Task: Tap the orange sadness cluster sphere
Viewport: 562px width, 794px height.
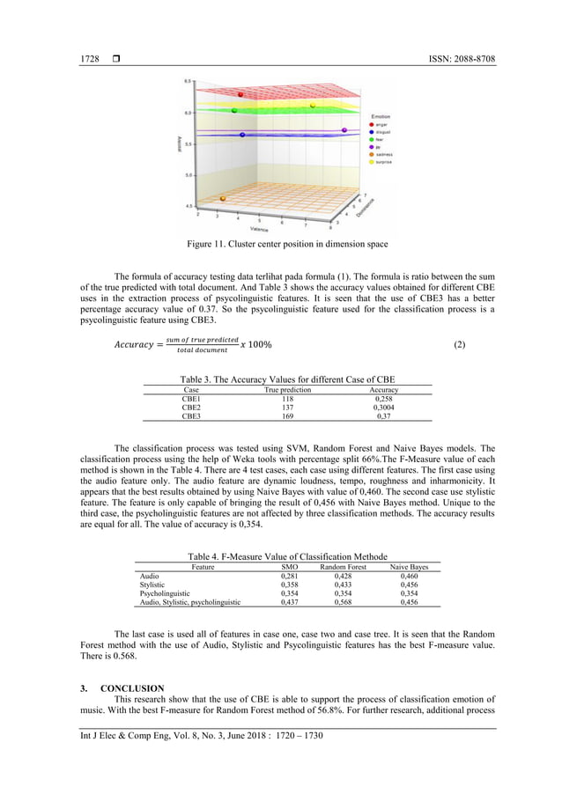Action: (222, 199)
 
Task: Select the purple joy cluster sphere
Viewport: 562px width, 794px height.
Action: (344, 129)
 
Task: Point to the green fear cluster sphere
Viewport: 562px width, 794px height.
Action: (233, 111)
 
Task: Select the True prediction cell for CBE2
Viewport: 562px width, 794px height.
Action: (287, 408)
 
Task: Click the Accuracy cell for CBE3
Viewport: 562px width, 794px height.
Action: (383, 416)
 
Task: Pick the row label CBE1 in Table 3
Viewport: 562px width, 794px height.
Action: (191, 399)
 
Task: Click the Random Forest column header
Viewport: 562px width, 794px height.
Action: (344, 568)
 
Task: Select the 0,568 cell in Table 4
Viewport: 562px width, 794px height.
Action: (344, 602)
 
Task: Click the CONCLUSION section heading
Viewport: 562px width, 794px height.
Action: (131, 687)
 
